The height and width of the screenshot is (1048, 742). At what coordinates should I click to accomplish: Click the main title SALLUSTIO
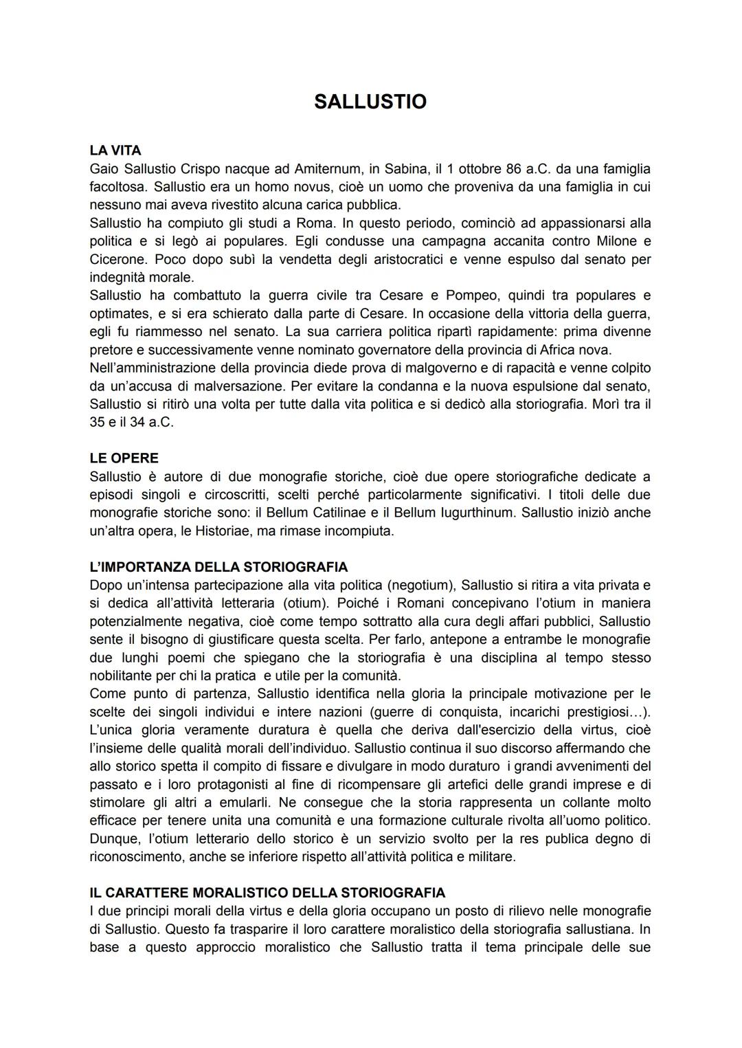(370, 102)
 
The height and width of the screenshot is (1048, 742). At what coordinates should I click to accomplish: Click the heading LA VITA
(115, 150)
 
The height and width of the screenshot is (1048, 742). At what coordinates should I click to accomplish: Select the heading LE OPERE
(124, 458)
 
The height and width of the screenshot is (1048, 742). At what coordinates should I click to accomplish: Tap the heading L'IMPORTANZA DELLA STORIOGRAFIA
(218, 567)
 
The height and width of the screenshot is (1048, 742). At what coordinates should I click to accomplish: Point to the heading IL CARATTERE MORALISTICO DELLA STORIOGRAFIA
(267, 893)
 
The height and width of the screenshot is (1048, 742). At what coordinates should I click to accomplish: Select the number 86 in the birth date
(513, 168)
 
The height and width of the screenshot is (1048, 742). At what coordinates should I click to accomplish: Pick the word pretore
(113, 349)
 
